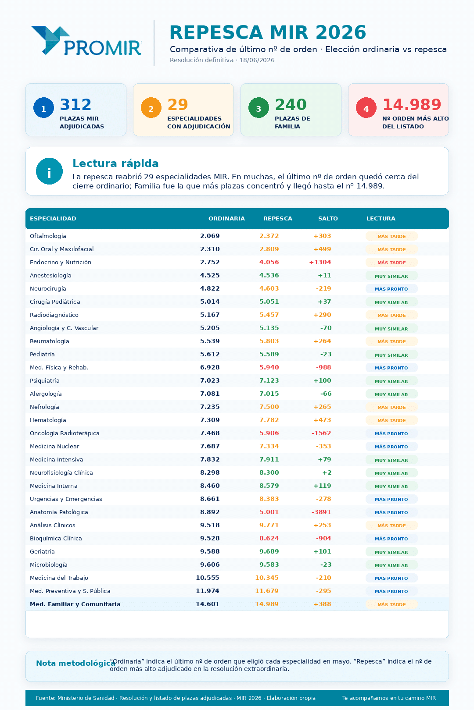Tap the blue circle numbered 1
[43, 108]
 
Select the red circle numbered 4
[366, 108]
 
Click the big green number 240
[291, 105]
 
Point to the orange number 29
[178, 105]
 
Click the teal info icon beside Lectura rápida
[49, 171]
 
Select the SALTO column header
[328, 219]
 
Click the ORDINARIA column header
[226, 219]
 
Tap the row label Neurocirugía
[48, 289]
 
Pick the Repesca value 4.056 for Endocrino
[269, 263]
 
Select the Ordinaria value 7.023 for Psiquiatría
[210, 381]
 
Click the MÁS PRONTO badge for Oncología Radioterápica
[391, 433]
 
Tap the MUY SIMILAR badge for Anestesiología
[391, 276]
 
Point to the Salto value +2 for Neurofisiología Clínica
[327, 473]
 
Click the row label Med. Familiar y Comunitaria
[75, 604]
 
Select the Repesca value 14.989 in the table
[267, 604]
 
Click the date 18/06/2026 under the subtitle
[257, 60]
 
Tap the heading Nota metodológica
[75, 664]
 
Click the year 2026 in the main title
[341, 32]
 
